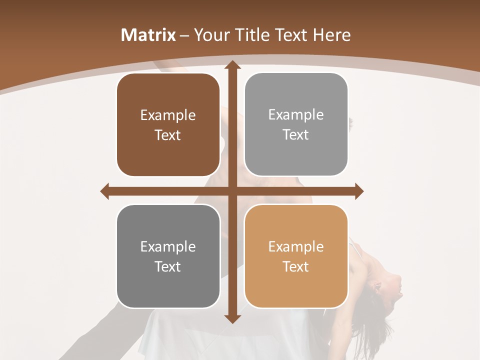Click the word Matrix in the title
(x=148, y=35)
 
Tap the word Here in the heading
(x=331, y=35)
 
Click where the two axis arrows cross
(x=232, y=191)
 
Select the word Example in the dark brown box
(x=168, y=115)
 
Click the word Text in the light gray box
(x=296, y=135)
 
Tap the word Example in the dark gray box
(x=168, y=246)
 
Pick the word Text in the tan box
(x=296, y=266)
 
